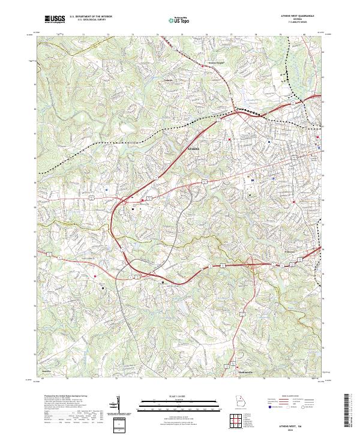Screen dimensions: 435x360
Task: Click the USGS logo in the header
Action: [53, 19]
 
